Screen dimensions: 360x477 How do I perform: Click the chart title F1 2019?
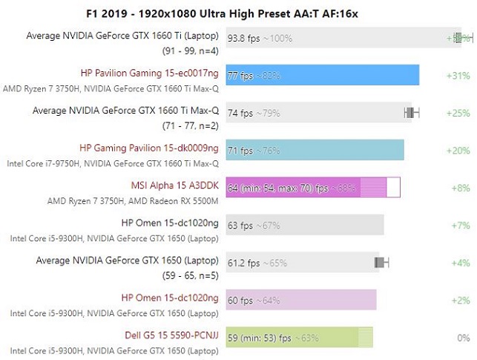tap(238, 13)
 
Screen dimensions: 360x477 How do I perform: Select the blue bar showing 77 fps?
tap(323, 75)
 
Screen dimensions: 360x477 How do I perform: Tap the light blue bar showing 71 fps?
tap(315, 150)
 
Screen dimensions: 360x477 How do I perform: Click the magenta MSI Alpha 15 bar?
tap(312, 187)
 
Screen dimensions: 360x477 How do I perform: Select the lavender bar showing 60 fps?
tap(301, 299)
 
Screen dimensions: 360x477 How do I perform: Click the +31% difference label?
tap(458, 76)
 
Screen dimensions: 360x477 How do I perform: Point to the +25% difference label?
tap(458, 113)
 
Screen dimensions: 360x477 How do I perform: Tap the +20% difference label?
tap(458, 150)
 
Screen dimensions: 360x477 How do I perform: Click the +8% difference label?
tap(460, 188)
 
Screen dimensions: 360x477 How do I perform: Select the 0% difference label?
tap(464, 338)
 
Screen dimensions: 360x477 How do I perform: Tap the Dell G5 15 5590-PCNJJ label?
tap(162, 336)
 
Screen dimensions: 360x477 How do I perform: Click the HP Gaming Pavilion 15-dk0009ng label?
tap(148, 148)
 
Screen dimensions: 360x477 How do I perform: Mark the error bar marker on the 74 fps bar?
tap(412, 112)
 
